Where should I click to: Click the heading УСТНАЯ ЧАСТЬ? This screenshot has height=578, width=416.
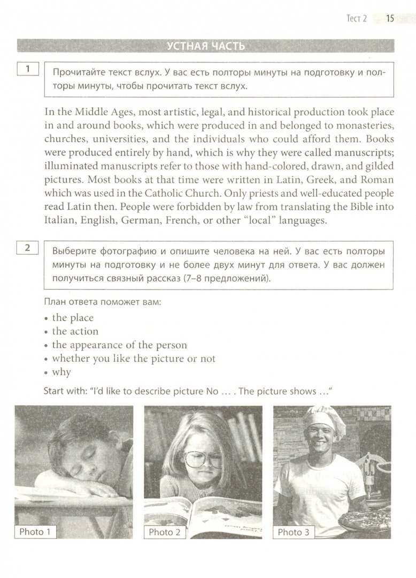(x=206, y=46)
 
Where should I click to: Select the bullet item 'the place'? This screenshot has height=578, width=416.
(x=73, y=317)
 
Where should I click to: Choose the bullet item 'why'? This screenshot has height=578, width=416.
(x=61, y=372)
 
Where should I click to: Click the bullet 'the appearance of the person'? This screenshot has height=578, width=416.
(x=119, y=345)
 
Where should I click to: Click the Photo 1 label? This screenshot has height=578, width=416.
(x=35, y=531)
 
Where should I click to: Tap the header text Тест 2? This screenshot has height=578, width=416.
(x=357, y=19)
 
